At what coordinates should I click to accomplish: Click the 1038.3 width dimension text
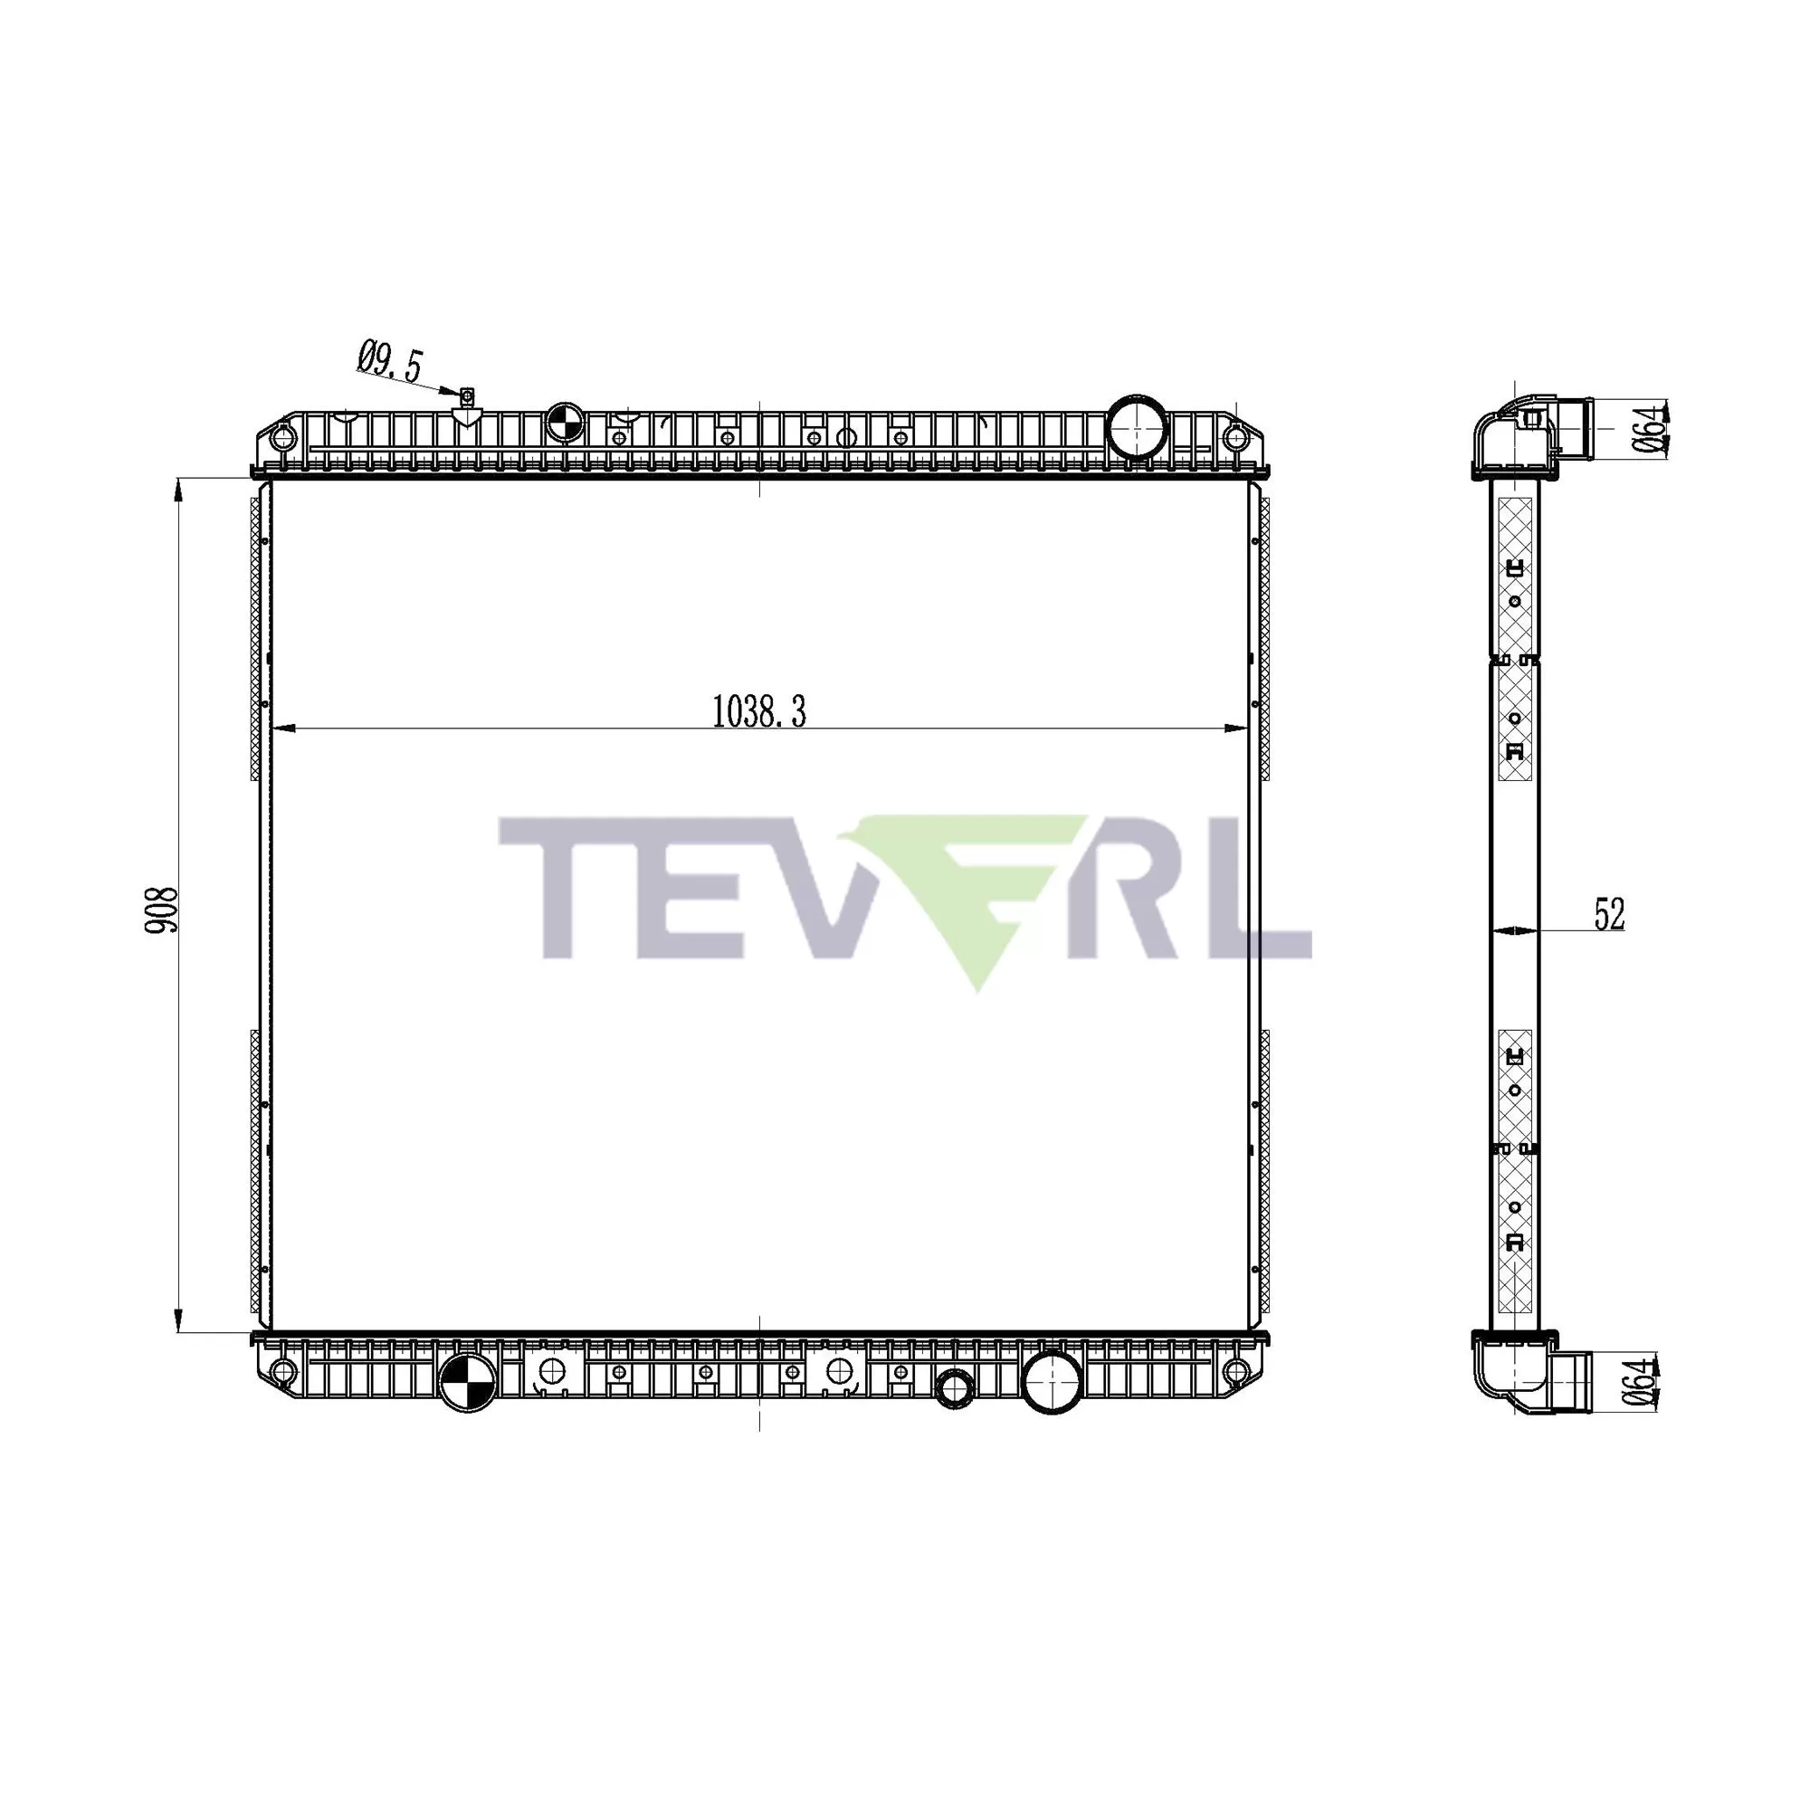(x=759, y=712)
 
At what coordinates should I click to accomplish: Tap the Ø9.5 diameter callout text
(x=391, y=362)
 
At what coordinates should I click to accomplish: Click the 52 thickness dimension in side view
(x=1609, y=914)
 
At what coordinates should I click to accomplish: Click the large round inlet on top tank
(x=1137, y=427)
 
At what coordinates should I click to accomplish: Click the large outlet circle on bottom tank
(x=1053, y=1382)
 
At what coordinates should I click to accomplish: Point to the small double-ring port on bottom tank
(x=955, y=1387)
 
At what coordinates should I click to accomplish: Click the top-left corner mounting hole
(x=278, y=436)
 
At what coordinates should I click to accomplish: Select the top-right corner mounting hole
(x=1235, y=436)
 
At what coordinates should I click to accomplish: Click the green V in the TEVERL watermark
(x=975, y=890)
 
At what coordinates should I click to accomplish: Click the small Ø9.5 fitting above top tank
(x=468, y=397)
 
